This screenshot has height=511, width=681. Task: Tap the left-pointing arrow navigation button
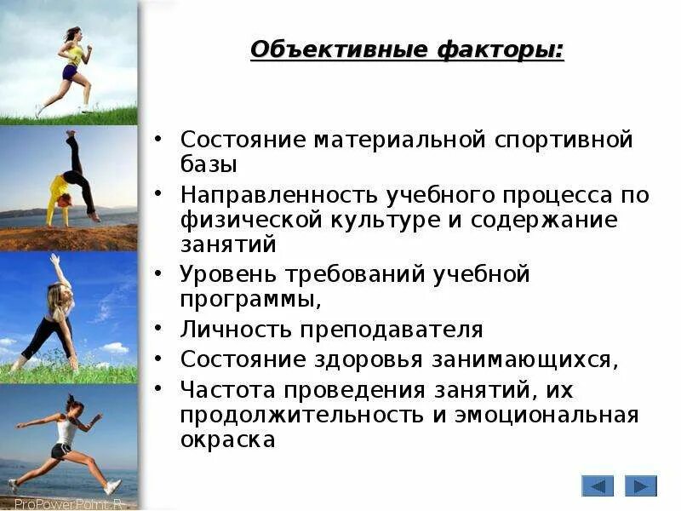click(x=598, y=485)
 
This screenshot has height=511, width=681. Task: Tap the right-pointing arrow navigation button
click(x=640, y=485)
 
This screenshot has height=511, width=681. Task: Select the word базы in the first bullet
click(x=209, y=164)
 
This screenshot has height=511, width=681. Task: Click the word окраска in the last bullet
click(x=227, y=440)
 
